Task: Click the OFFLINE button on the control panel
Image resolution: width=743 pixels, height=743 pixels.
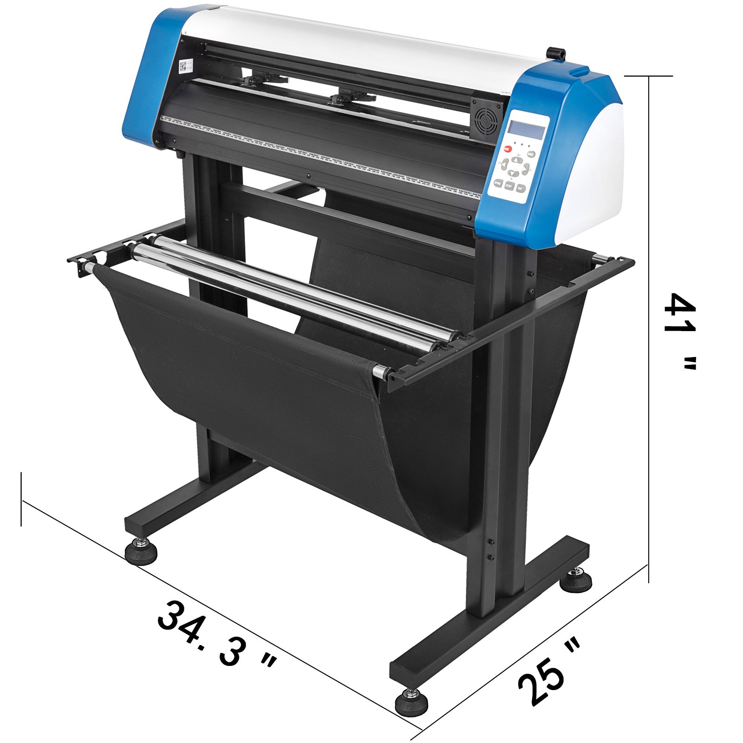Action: click(498, 183)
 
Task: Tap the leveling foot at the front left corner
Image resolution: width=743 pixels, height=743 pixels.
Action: click(141, 553)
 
